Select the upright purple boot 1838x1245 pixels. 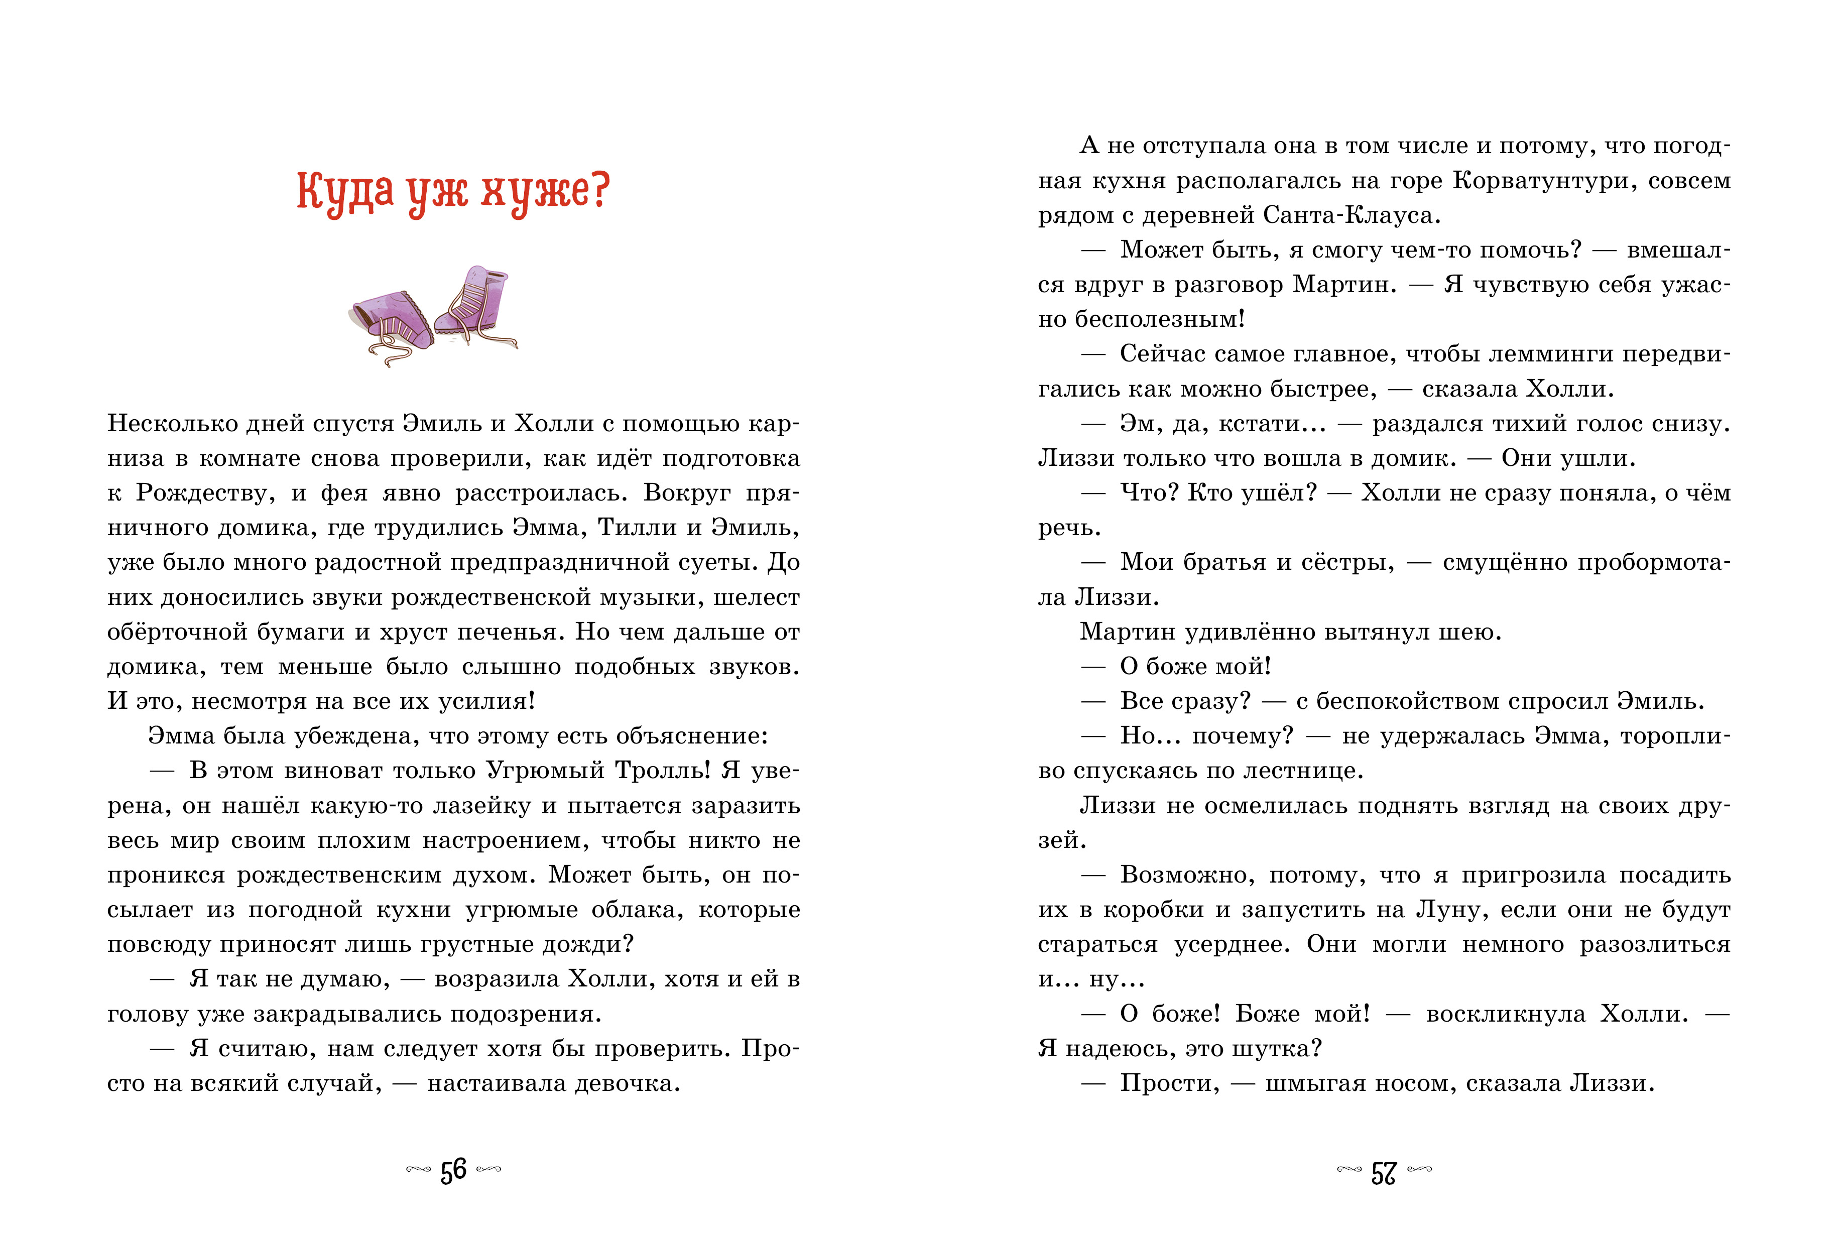473,305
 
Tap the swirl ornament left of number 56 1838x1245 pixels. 418,1170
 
